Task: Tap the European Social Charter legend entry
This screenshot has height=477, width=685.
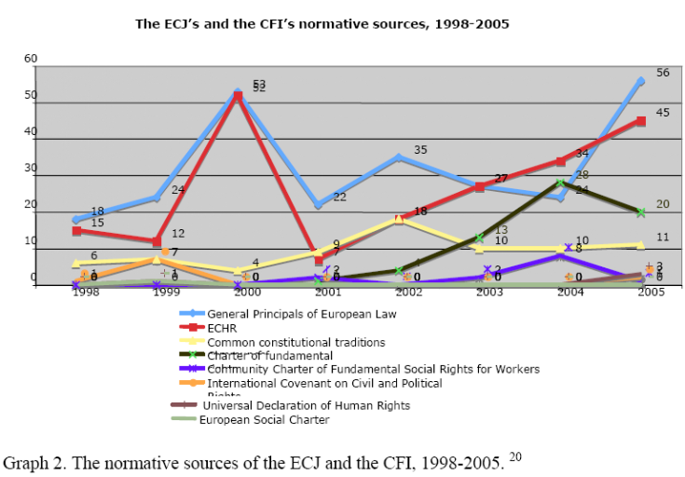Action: click(264, 419)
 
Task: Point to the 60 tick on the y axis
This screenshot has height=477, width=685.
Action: click(31, 59)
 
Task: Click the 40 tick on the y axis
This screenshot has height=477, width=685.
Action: click(31, 131)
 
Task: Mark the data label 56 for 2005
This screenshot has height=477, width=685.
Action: click(663, 73)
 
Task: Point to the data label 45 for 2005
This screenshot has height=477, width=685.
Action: click(663, 113)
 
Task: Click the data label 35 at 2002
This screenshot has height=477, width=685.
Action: click(420, 150)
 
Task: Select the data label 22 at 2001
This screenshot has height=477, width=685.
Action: click(340, 197)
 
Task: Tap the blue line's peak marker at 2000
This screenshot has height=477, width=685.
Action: click(238, 92)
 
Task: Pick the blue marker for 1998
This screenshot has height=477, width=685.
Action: click(75, 220)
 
